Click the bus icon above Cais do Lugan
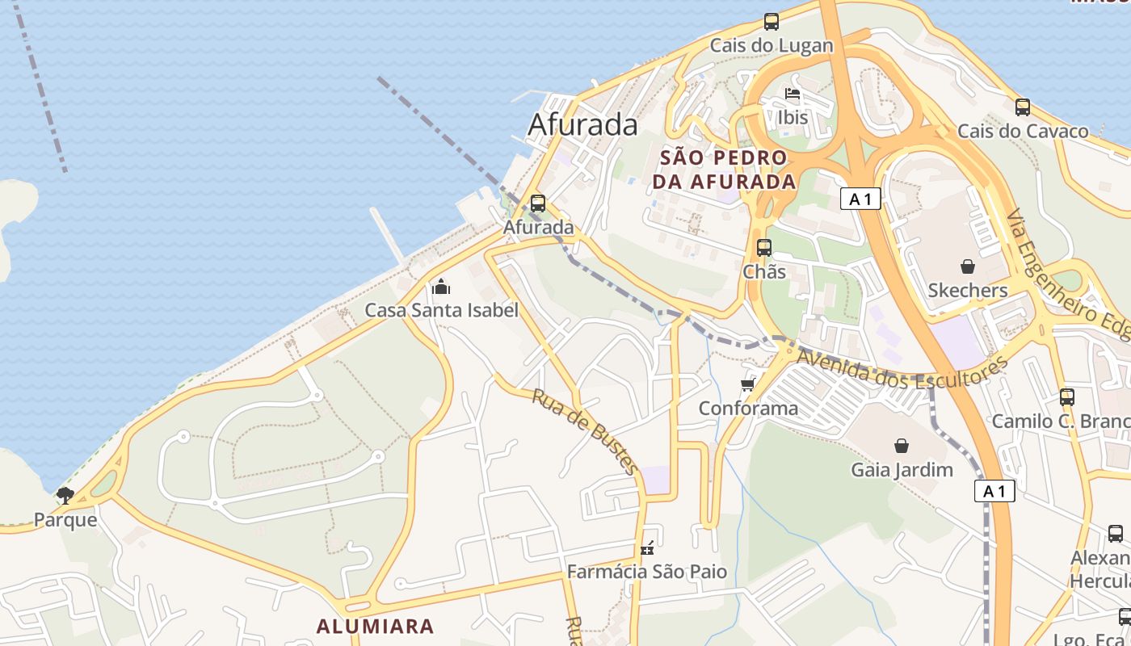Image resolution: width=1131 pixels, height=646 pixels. tap(772, 22)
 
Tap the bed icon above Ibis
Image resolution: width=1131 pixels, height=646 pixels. tap(793, 94)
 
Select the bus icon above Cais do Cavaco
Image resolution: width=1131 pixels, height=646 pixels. tap(1023, 107)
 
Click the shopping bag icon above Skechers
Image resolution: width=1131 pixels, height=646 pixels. tap(968, 266)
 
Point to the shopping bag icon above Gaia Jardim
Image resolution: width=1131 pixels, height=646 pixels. tap(902, 446)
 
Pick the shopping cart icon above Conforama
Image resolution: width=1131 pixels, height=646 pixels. tap(748, 384)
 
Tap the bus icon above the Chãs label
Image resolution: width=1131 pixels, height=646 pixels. tap(764, 248)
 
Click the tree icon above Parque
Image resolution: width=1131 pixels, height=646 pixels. tap(65, 496)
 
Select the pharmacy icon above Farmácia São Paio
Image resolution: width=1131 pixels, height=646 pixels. tap(647, 548)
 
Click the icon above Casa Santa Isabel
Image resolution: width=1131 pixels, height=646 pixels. tap(441, 287)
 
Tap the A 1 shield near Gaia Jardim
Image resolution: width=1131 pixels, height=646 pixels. tap(994, 491)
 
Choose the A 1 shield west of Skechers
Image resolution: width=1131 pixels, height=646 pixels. tap(860, 199)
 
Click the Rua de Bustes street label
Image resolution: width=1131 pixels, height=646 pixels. tap(586, 431)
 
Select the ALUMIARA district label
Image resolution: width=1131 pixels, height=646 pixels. tap(375, 626)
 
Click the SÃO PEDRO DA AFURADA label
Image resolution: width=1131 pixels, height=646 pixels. tap(724, 170)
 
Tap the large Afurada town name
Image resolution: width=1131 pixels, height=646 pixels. tap(582, 124)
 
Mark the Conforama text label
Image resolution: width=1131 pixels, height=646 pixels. tap(748, 408)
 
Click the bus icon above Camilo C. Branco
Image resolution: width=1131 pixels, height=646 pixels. tap(1067, 397)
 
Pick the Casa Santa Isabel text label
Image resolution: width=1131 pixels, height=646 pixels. tap(441, 310)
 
